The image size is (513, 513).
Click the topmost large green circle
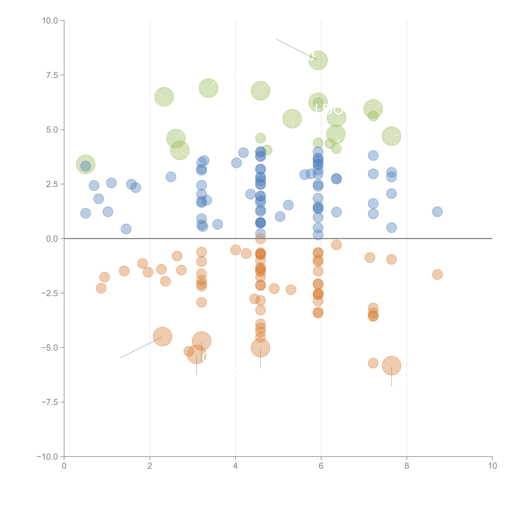(318, 60)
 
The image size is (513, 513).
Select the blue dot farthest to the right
(437, 212)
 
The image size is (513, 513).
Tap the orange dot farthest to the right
(437, 274)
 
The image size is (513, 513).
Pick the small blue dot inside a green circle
(85, 166)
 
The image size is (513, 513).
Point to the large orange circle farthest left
(163, 337)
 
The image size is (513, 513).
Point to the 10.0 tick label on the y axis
(50, 21)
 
